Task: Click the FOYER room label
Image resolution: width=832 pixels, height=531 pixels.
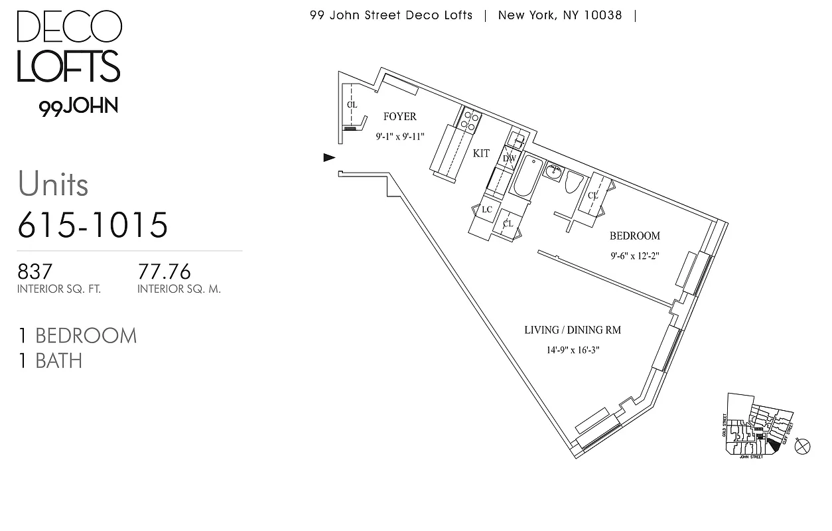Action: pos(400,117)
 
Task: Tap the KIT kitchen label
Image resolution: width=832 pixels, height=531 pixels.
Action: pos(481,153)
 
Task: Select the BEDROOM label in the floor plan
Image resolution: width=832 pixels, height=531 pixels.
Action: pos(634,236)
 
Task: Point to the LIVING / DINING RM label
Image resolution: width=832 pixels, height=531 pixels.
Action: pos(573,330)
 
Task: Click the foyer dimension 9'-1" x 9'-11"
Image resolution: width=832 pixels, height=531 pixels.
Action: pos(399,137)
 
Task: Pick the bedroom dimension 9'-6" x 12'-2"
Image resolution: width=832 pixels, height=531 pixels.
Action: pos(634,256)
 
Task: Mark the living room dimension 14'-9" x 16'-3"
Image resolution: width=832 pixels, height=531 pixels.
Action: pos(573,350)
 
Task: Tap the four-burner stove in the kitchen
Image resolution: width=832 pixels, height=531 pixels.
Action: pos(470,119)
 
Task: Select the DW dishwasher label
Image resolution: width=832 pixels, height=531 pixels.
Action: pos(509,159)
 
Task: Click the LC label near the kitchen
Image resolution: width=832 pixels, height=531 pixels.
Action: pos(486,210)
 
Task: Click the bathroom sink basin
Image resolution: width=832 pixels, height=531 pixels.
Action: pos(553,171)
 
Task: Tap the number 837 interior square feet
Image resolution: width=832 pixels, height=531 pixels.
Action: pos(35,271)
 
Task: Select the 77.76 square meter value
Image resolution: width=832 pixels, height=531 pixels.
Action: pos(164,271)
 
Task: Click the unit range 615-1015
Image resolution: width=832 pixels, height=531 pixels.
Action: pos(93,225)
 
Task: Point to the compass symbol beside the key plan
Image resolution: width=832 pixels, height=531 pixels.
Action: pos(802,447)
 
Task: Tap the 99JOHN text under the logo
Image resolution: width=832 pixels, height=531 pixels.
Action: pos(78,107)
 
